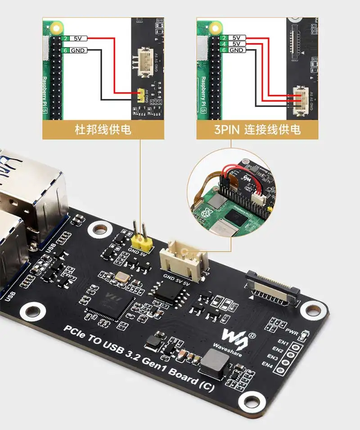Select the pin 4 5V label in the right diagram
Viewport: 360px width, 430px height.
coord(236,44)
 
